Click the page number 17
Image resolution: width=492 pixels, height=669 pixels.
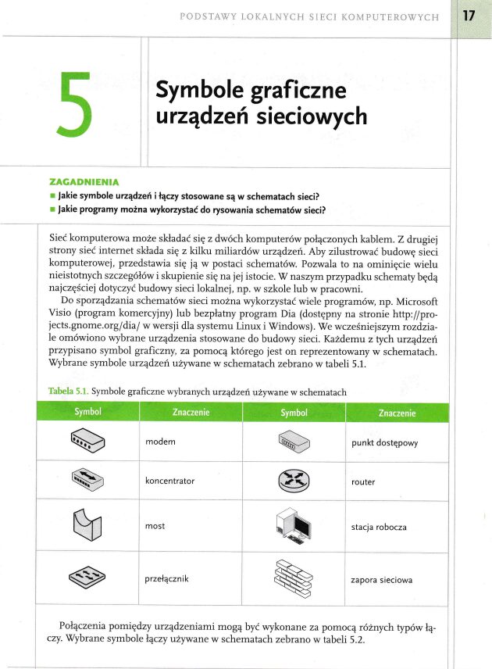tap(468, 15)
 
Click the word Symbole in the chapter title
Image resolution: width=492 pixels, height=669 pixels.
tap(201, 91)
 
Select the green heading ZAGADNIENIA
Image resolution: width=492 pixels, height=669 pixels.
tap(81, 181)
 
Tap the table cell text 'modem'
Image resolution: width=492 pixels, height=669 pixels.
tap(160, 442)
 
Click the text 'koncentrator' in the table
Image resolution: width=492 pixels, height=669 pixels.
tap(169, 481)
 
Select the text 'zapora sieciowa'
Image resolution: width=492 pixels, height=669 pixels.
tap(382, 580)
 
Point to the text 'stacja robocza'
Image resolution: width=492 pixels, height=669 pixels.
tap(379, 527)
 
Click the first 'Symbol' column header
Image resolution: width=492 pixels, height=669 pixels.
tap(87, 412)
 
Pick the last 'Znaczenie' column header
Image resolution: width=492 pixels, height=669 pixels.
tap(397, 413)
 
